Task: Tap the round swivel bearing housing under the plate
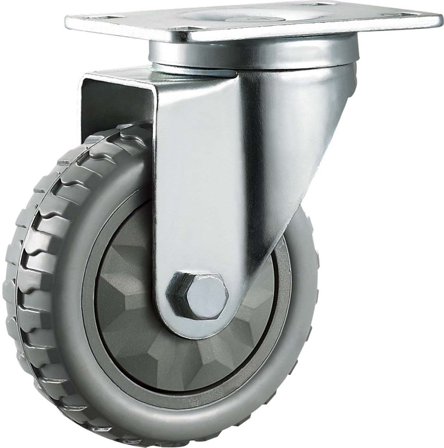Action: pyautogui.click(x=251, y=55)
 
